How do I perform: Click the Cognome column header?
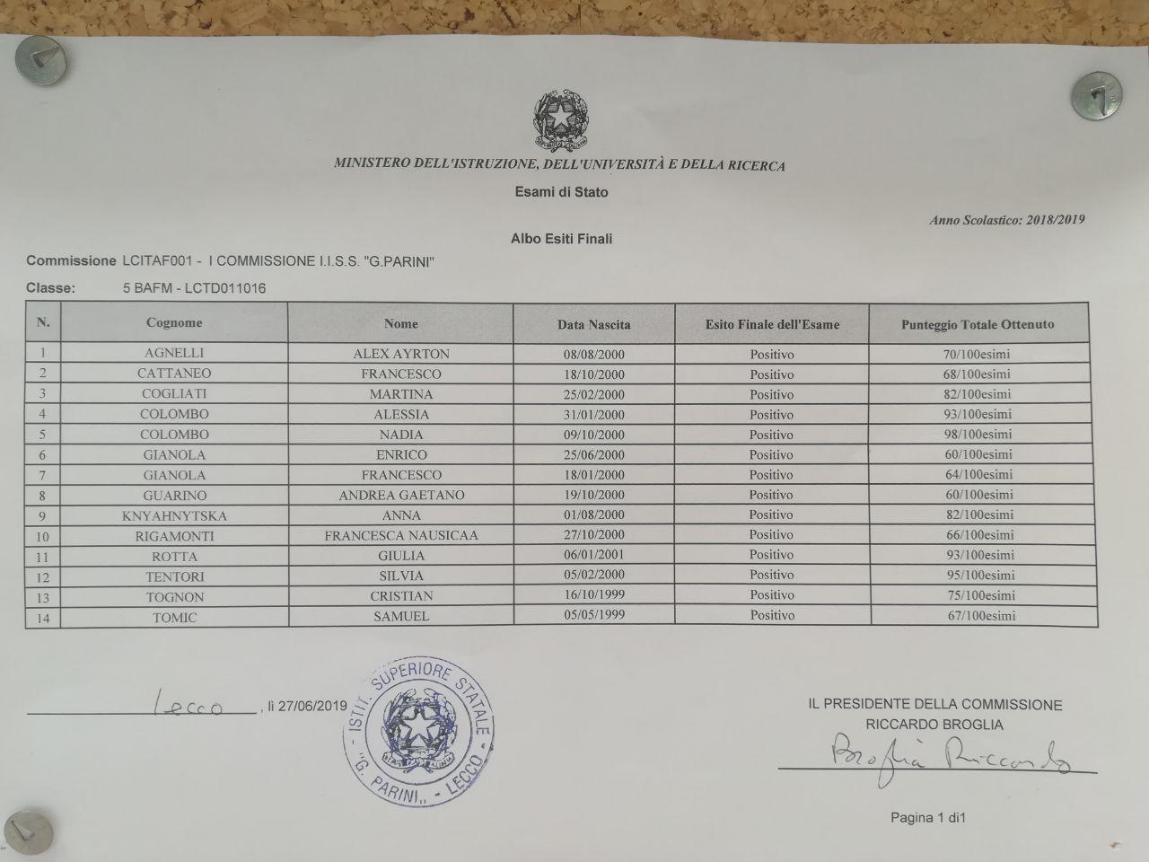[174, 322]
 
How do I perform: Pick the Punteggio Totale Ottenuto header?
[978, 324]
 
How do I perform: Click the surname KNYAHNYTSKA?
[174, 516]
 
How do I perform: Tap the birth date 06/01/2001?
[593, 555]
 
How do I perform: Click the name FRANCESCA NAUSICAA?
[401, 535]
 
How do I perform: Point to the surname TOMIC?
[174, 617]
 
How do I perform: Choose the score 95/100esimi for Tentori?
[979, 575]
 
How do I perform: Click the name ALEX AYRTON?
[401, 354]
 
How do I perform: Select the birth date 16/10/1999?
[593, 594]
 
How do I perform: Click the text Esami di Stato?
[561, 191]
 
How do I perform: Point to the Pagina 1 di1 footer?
[927, 817]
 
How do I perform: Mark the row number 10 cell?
[43, 537]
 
